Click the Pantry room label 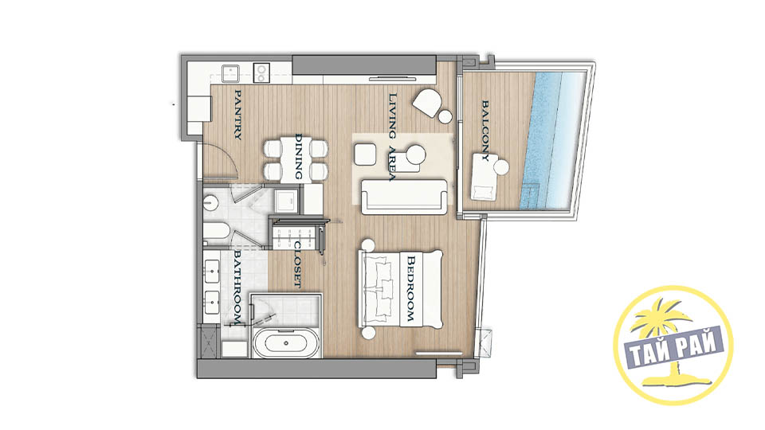click(237, 115)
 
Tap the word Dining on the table click(299, 157)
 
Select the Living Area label click(392, 137)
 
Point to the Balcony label click(484, 131)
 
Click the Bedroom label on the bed click(410, 289)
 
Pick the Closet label click(297, 264)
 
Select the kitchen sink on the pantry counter click(230, 73)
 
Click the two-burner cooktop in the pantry click(261, 73)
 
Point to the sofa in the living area click(404, 197)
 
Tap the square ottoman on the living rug click(365, 154)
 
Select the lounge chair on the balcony click(484, 178)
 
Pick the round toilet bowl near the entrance click(210, 202)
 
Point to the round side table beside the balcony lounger click(501, 167)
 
